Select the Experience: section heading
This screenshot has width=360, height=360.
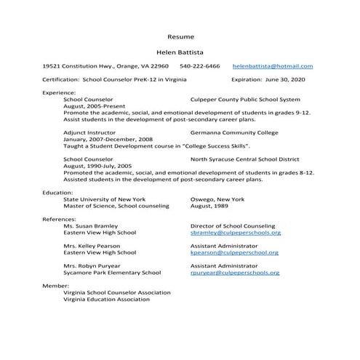tap(59, 93)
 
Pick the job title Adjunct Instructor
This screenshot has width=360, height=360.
tap(89, 134)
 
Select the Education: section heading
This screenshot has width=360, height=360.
tap(57, 193)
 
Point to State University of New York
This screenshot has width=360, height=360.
tap(104, 199)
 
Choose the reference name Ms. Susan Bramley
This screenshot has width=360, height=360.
tap(90, 226)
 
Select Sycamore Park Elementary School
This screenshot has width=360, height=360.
tap(112, 273)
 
